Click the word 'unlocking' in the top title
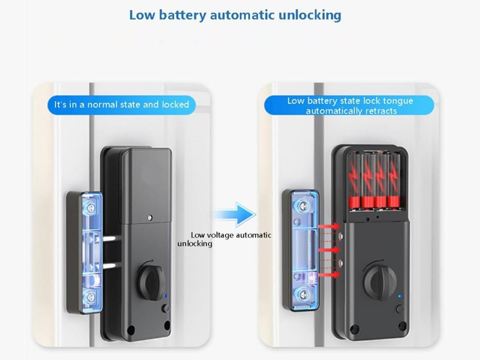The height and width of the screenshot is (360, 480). (x=310, y=15)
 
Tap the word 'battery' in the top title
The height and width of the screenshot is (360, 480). (x=182, y=15)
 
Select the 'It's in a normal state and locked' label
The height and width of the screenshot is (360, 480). (x=122, y=105)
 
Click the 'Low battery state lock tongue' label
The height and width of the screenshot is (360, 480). (x=350, y=101)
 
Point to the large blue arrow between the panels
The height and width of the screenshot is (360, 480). (x=234, y=214)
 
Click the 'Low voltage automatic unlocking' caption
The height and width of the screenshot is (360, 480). (x=224, y=239)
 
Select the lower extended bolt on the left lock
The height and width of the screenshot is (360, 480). (x=110, y=266)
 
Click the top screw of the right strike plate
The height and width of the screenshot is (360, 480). (x=303, y=205)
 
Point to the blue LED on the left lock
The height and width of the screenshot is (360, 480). (x=165, y=296)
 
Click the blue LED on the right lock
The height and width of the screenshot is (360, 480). (x=400, y=296)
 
